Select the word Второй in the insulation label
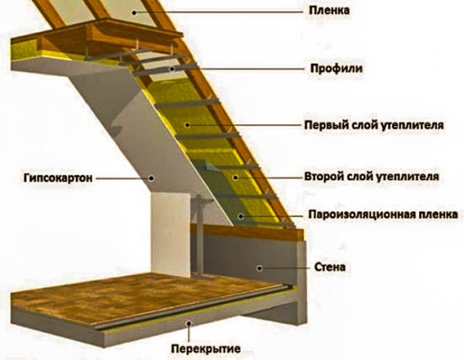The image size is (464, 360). (x=322, y=177)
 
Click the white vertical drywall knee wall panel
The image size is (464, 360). (x=170, y=228)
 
